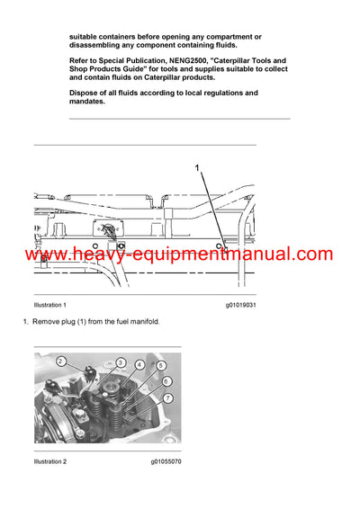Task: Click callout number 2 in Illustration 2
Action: pos(60,362)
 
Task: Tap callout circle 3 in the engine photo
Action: pos(120,362)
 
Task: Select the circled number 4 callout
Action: pos(139,364)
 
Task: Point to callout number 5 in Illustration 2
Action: pos(161,366)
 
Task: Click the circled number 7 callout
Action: pos(167,397)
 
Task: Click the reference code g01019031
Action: pos(241,306)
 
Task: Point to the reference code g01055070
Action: pos(166,461)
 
